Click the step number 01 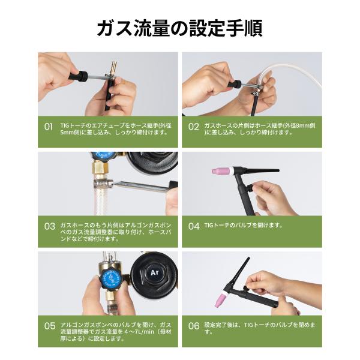click(x=48, y=127)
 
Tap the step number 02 click(x=194, y=127)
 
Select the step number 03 click(x=50, y=226)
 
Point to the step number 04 click(x=194, y=226)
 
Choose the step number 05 click(x=50, y=326)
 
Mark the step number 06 click(x=194, y=326)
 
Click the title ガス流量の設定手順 click(x=180, y=28)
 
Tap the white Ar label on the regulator click(x=155, y=272)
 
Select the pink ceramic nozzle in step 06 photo click(x=220, y=299)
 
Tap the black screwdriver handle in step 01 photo click(x=78, y=76)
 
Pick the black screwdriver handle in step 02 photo click(x=235, y=83)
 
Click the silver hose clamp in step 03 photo click(x=103, y=184)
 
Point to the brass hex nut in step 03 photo click(x=100, y=167)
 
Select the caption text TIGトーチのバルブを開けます click(x=244, y=225)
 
